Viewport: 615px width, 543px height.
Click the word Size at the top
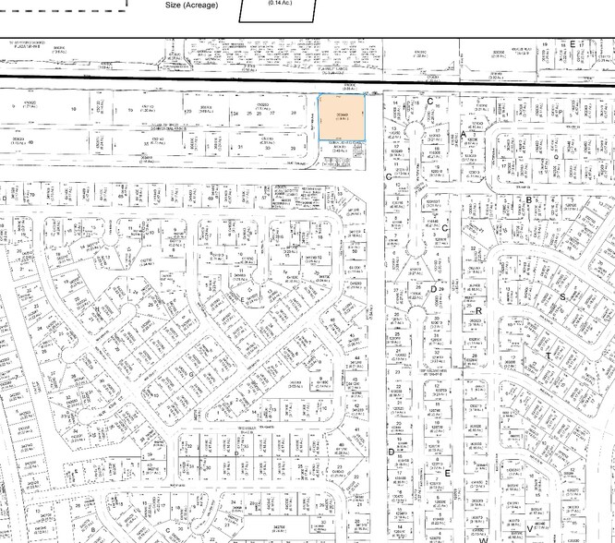(x=175, y=5)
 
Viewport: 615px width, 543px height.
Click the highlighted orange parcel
(x=342, y=117)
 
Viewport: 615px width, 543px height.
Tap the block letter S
(x=561, y=297)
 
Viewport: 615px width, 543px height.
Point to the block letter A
(x=463, y=135)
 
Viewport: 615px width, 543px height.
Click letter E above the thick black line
(x=573, y=44)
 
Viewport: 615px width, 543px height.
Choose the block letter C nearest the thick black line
(x=429, y=100)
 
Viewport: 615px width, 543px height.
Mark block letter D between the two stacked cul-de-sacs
(x=433, y=290)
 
